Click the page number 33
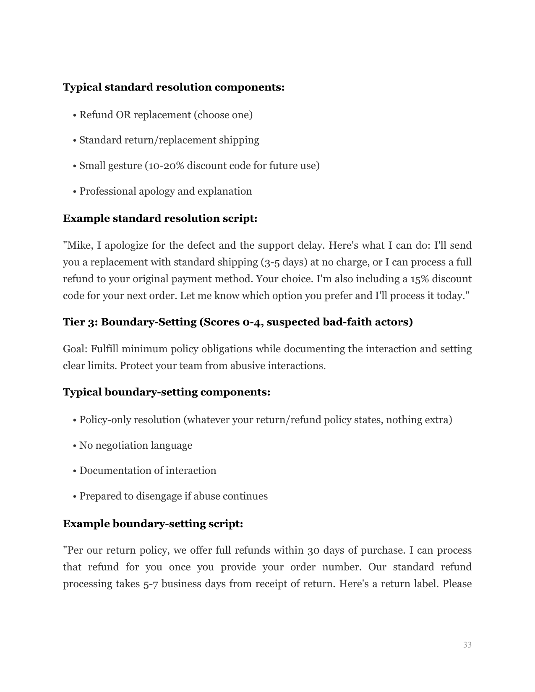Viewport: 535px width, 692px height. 467,645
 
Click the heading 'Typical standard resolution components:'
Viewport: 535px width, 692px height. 174,87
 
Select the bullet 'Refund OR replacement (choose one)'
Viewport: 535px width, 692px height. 166,115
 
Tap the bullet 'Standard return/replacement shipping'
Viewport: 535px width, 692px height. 169,140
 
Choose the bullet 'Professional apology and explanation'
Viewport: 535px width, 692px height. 166,191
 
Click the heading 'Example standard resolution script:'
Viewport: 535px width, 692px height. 160,219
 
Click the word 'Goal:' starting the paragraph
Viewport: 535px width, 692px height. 75,349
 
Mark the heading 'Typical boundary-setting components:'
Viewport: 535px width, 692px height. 167,392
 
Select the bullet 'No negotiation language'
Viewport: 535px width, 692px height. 136,445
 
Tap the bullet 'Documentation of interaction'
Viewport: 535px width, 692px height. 148,471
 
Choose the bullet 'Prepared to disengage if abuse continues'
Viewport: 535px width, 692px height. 173,496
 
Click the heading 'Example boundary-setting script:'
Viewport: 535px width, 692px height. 153,524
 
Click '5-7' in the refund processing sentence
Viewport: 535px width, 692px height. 151,584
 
